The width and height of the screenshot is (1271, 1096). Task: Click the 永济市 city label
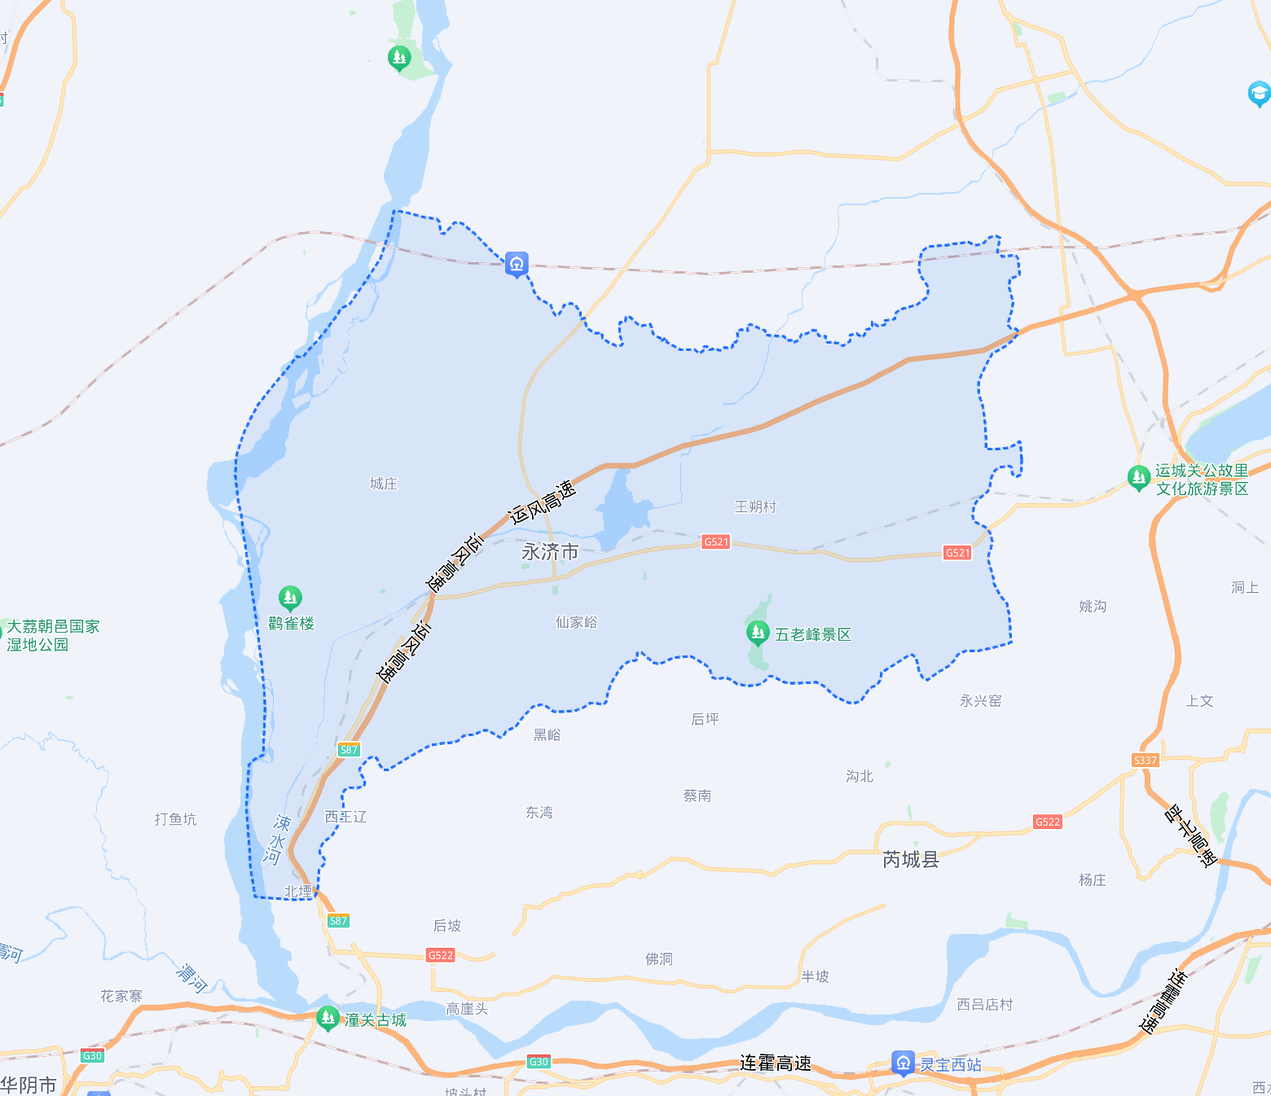coord(550,552)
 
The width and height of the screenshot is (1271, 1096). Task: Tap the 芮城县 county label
coord(911,860)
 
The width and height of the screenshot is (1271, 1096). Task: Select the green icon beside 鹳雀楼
coord(290,598)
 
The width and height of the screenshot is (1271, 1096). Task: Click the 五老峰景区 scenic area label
coord(812,634)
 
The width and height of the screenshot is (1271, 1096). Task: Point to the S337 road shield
coord(1145,760)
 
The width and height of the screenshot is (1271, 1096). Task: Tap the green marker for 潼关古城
coord(328,1018)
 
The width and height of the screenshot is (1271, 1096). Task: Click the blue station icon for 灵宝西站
coord(903,1063)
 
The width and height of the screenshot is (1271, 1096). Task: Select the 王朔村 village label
coord(755,506)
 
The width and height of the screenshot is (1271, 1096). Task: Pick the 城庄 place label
coord(384,484)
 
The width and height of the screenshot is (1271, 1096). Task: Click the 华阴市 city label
coord(29,1085)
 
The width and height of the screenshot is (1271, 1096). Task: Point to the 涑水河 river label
coord(277,839)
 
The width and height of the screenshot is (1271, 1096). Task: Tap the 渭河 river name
coord(192,977)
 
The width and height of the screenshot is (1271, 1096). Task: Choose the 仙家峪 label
coord(576,622)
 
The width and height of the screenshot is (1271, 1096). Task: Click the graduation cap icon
coord(1259,94)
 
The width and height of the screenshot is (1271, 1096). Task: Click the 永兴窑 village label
coord(980,701)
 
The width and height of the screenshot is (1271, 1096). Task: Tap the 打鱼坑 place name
coord(175,819)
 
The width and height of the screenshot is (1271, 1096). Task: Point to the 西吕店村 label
coord(984,1005)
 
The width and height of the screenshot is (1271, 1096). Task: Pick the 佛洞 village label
coord(659,959)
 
